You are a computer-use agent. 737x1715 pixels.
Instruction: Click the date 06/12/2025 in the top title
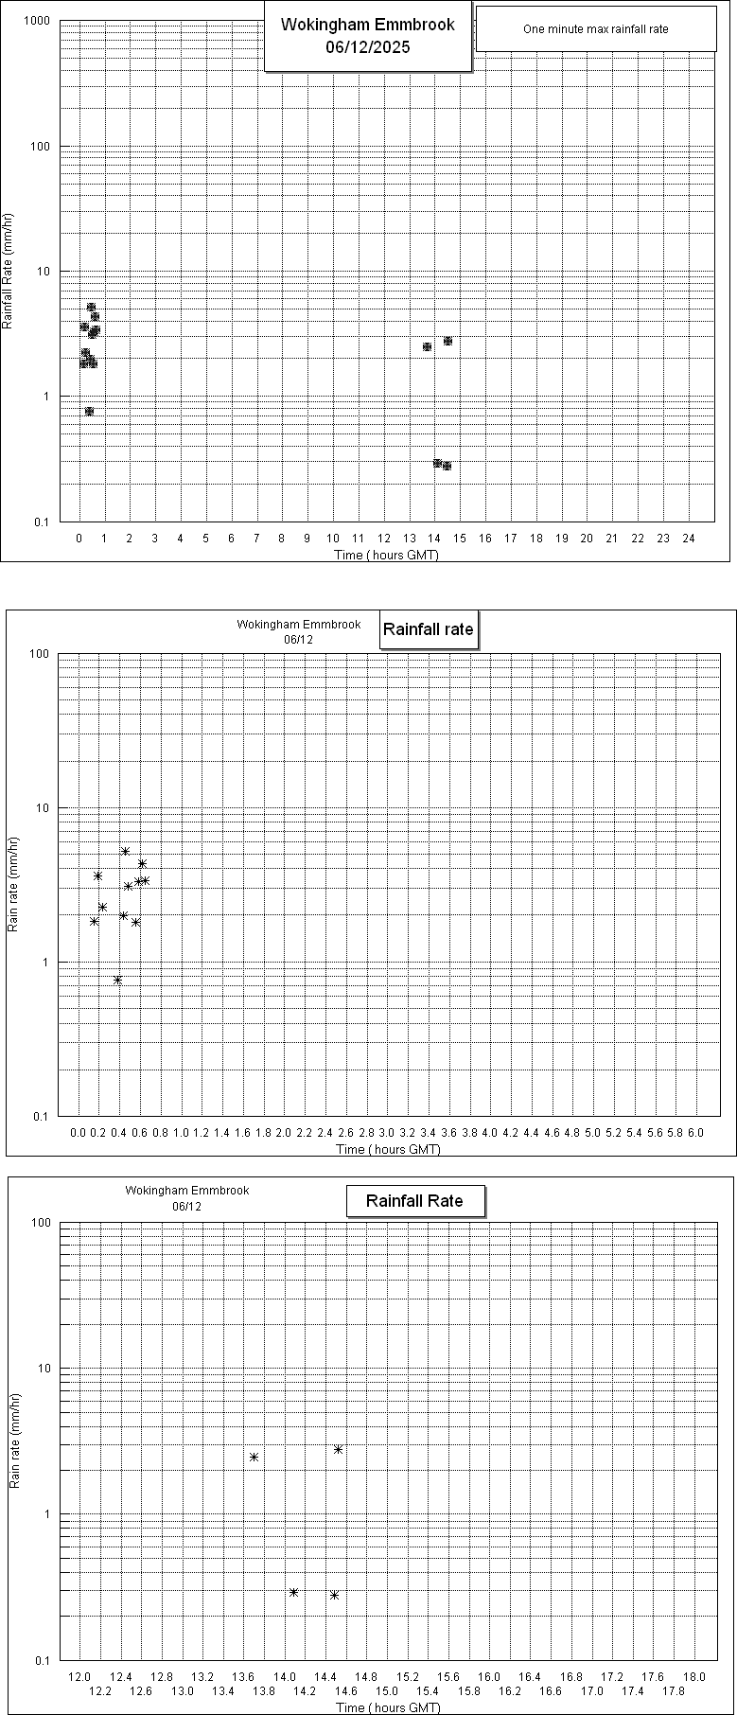pyautogui.click(x=367, y=47)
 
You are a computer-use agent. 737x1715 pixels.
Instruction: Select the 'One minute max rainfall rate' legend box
pyautogui.click(x=595, y=29)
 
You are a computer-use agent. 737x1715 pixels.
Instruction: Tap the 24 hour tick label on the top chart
pyautogui.click(x=689, y=538)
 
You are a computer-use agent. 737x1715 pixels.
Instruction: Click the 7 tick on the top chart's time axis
pyautogui.click(x=256, y=538)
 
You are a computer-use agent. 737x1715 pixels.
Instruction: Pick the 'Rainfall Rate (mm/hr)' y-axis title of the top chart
pyautogui.click(x=8, y=271)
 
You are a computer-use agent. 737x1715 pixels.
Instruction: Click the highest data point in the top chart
pyautogui.click(x=91, y=308)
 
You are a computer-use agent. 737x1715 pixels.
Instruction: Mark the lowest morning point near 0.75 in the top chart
pyautogui.click(x=89, y=411)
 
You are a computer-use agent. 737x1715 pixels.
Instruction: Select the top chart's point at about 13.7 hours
pyautogui.click(x=427, y=346)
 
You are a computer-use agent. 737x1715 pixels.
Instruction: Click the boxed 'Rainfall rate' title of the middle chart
pyautogui.click(x=428, y=629)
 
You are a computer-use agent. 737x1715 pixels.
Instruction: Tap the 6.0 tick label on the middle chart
pyautogui.click(x=695, y=1132)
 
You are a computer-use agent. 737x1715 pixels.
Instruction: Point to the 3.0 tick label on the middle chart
pyautogui.click(x=387, y=1132)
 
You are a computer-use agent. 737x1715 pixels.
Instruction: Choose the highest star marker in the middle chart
pyautogui.click(x=125, y=851)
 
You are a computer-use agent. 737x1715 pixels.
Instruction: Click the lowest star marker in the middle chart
pyautogui.click(x=117, y=980)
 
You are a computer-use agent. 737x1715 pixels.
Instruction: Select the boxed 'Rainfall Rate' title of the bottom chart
pyautogui.click(x=414, y=1201)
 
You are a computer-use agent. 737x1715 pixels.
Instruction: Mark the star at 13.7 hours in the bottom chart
pyautogui.click(x=254, y=1457)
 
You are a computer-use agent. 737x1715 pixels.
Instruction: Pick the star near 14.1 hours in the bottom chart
pyautogui.click(x=293, y=1592)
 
